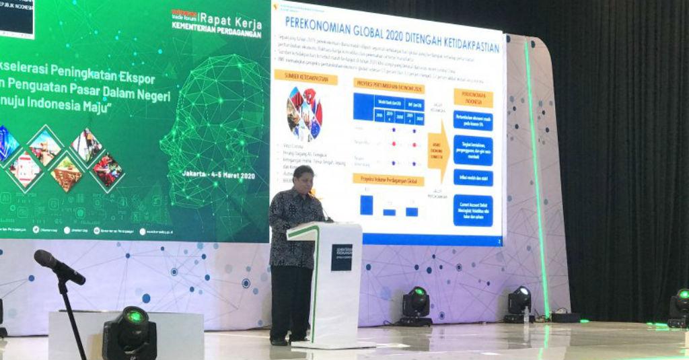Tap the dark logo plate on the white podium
click(341, 257)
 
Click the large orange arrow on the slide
click(438, 153)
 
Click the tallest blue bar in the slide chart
click(366, 205)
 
